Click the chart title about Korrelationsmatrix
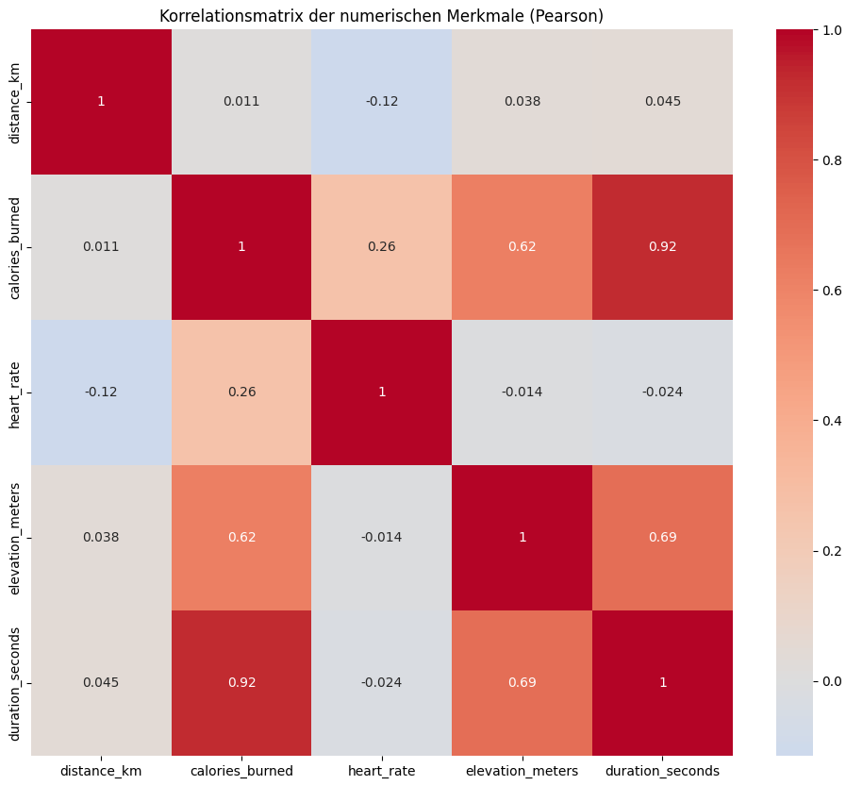tap(381, 15)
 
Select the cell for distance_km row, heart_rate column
tap(382, 101)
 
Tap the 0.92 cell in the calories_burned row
tap(662, 246)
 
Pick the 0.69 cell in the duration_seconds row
tap(522, 682)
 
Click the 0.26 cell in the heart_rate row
tap(241, 392)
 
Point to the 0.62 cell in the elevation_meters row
tap(241, 537)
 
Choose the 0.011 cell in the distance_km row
tap(241, 101)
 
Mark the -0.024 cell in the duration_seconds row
tap(382, 682)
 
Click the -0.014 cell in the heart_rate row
tap(522, 392)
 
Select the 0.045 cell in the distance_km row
tap(662, 101)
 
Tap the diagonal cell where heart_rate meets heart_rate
tap(382, 392)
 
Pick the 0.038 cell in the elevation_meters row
tap(101, 537)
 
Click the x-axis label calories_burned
tap(241, 771)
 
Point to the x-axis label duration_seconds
tap(662, 771)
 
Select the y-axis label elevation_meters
tap(15, 537)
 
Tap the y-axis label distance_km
tap(15, 101)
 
